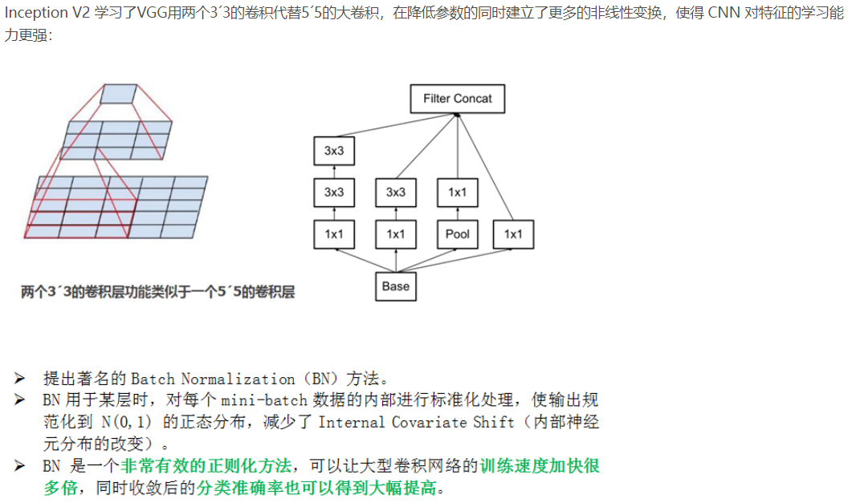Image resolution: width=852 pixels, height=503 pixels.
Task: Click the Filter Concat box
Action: pos(457,99)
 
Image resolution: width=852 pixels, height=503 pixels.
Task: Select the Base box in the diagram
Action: pos(396,286)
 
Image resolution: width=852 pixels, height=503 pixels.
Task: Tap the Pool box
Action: pos(457,234)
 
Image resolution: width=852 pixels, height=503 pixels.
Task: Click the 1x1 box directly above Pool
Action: pos(457,193)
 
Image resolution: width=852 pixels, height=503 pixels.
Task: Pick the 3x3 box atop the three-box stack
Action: pos(334,150)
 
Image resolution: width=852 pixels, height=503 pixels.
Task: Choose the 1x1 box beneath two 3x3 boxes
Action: pos(334,234)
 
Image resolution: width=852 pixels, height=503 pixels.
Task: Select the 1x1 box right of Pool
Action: pos(513,234)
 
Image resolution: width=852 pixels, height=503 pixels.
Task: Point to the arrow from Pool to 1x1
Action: pos(457,213)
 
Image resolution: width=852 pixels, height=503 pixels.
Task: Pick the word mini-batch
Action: pos(255,400)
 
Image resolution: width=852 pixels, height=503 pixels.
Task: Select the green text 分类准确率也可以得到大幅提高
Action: pos(316,488)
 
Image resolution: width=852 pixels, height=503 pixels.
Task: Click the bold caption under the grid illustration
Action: pos(158,292)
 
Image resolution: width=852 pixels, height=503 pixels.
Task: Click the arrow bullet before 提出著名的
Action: pos(20,379)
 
